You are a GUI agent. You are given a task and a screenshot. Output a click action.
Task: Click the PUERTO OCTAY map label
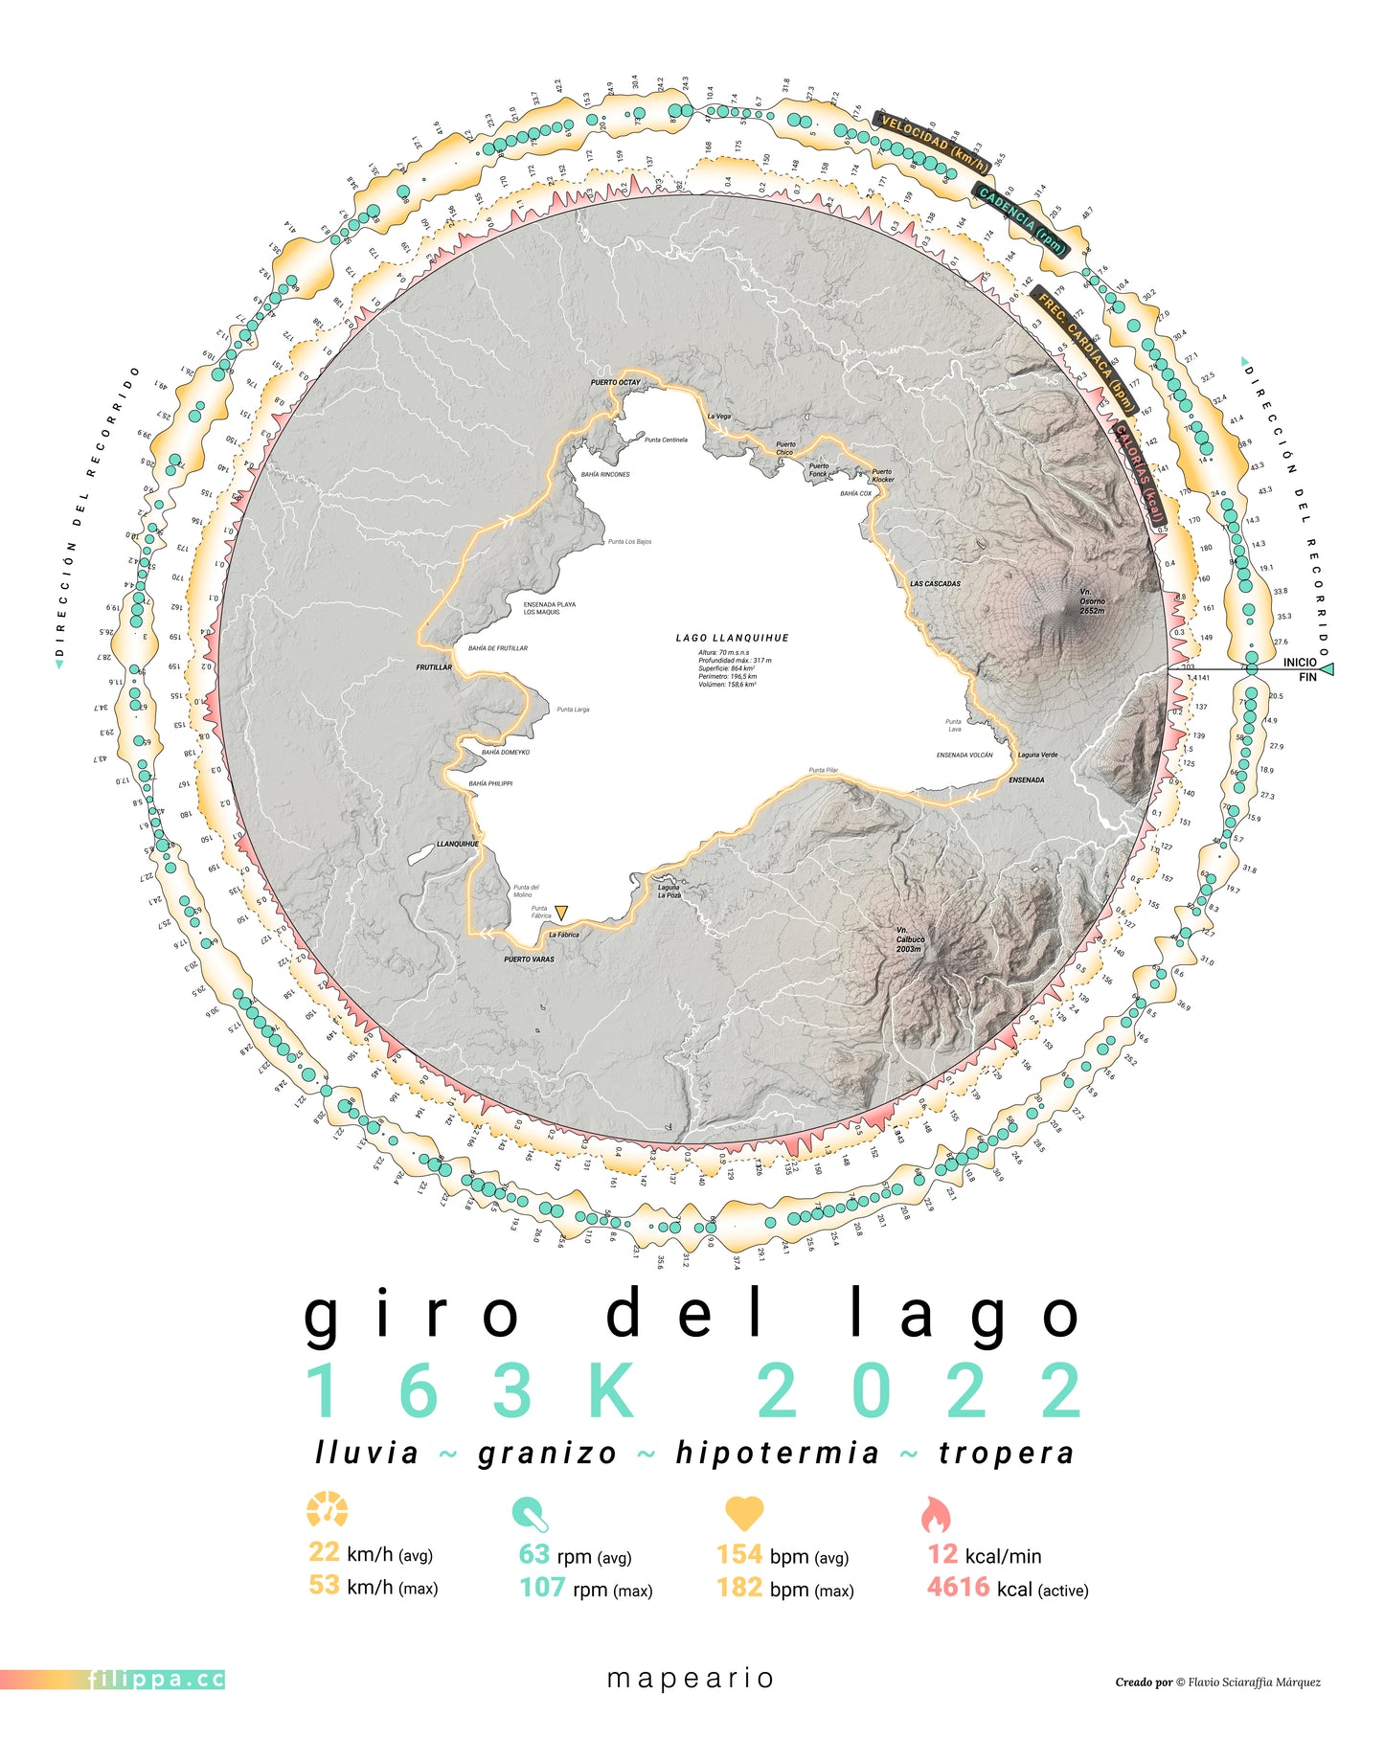(x=615, y=382)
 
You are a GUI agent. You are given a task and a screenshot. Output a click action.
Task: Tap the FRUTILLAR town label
(x=434, y=667)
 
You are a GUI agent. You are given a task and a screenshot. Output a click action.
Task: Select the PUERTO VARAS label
(x=529, y=959)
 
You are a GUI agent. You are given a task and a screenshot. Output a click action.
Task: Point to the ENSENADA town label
(x=1026, y=779)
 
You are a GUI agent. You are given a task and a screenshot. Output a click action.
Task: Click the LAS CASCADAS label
(x=935, y=583)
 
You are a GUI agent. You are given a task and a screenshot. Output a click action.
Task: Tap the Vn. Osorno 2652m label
(x=1092, y=601)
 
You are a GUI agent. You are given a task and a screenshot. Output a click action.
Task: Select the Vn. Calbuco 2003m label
(x=910, y=938)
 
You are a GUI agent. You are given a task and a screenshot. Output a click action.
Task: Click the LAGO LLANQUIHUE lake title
(x=732, y=638)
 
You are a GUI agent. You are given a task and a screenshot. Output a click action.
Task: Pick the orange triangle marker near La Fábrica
(x=561, y=912)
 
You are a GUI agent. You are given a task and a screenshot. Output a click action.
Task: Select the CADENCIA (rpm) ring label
(x=1021, y=221)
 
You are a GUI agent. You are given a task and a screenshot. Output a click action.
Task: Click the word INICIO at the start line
(x=1299, y=662)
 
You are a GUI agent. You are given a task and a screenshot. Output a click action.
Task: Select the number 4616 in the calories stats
(x=958, y=1588)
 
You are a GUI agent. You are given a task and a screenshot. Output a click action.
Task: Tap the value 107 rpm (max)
(x=542, y=1588)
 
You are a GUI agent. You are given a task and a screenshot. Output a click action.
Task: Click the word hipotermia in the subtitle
(x=777, y=1453)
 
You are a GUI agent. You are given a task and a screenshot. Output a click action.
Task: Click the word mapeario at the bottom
(x=691, y=1678)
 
